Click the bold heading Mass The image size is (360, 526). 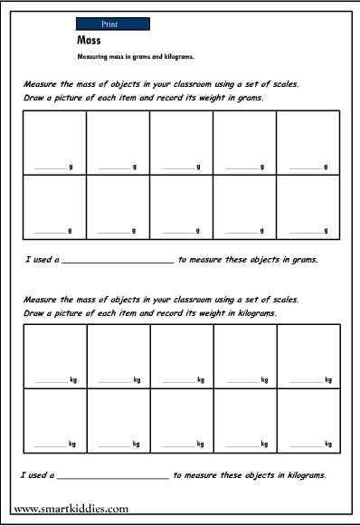(x=90, y=42)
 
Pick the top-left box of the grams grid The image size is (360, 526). (x=53, y=140)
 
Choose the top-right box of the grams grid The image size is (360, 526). (x=308, y=140)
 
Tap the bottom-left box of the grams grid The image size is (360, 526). (x=53, y=206)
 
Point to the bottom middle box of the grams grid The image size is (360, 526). (x=181, y=206)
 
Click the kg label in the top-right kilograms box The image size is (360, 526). (x=327, y=380)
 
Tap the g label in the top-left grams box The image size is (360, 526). (x=71, y=167)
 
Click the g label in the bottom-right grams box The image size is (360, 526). (x=326, y=232)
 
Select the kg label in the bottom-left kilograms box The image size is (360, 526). (x=71, y=445)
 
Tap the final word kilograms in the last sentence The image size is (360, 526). (x=303, y=474)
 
